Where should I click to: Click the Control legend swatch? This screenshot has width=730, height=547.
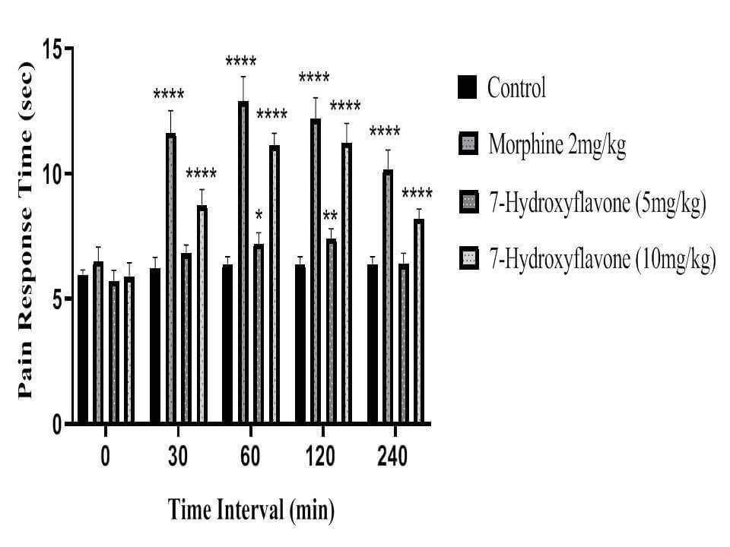pos(467,87)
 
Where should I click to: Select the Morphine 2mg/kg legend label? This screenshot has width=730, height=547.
pos(557,144)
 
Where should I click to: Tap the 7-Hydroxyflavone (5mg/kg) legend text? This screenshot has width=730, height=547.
pos(598,203)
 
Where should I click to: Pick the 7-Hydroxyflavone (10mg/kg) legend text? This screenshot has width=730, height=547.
pos(602,258)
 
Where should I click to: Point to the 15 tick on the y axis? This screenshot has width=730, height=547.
pos(52,49)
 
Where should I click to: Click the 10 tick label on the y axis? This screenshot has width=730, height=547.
pos(52,174)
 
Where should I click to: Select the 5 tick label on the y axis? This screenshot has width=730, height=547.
pos(57,299)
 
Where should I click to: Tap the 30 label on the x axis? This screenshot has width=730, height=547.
pos(178,457)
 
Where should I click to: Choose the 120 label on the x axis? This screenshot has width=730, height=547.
pos(320,457)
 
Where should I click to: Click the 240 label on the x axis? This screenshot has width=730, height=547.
pos(392,457)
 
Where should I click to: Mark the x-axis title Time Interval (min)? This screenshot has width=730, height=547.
pos(251,510)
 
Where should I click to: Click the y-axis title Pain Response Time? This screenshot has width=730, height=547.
pos(26,230)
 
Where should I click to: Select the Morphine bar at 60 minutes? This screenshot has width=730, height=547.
pos(243,262)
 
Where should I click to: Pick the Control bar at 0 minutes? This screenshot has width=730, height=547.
pos(83,349)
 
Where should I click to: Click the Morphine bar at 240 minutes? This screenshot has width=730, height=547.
pos(388,296)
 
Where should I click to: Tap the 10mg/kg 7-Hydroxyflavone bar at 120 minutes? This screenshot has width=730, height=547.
pos(347,283)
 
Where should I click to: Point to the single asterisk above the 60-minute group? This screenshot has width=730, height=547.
pos(259,215)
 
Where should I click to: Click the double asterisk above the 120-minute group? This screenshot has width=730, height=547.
pos(331,215)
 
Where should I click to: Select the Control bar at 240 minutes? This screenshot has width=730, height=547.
pos(373,343)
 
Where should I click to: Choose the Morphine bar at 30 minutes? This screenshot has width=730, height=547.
pos(171,278)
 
